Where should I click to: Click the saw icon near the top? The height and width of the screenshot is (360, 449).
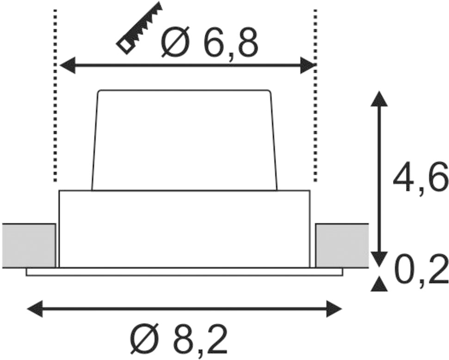(140, 28)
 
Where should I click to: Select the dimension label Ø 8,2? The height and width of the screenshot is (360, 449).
(179, 339)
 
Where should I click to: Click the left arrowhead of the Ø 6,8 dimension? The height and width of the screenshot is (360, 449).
(68, 66)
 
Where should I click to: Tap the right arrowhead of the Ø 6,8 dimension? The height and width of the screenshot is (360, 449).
(308, 66)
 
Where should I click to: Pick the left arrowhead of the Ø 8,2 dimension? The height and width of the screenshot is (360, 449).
(35, 309)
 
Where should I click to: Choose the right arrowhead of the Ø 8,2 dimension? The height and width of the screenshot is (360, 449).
(334, 309)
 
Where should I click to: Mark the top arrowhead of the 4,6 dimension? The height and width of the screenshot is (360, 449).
(379, 99)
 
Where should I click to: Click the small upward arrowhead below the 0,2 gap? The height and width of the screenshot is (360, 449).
(379, 284)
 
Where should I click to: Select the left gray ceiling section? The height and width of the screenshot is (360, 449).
(29, 246)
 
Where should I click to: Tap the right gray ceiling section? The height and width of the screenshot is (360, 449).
(342, 246)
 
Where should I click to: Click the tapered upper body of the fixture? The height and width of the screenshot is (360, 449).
(185, 140)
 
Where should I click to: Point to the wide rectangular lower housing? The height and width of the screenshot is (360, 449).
(185, 229)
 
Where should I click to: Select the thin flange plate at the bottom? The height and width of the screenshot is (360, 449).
(185, 272)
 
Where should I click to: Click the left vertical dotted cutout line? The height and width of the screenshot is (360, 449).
(55, 96)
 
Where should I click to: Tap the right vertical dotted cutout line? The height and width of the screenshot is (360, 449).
(315, 96)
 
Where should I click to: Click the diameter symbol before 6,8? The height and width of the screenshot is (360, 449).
(176, 42)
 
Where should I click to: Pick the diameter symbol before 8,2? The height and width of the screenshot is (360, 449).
(145, 339)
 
